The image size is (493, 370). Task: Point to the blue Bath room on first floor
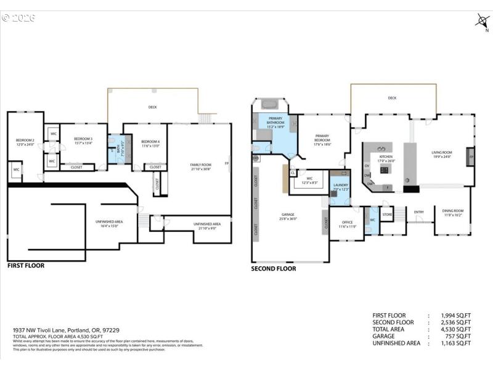pos(116,149)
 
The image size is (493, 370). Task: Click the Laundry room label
pos(340,186)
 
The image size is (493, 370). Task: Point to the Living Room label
pos(441,154)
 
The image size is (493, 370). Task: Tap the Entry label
pos(419,212)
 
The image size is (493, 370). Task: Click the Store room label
pos(387,215)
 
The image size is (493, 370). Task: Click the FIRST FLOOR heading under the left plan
pos(26,266)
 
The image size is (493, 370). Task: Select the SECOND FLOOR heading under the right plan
pos(273,269)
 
